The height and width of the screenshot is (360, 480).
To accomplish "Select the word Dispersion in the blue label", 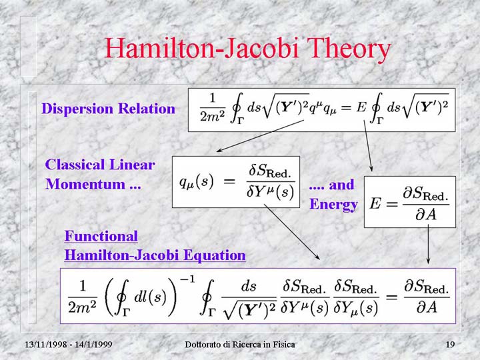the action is click(77, 109).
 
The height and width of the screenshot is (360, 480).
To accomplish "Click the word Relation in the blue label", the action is click(147, 109).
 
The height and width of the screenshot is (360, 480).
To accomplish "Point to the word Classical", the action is click(75, 165).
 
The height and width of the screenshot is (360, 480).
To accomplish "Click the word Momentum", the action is click(85, 184).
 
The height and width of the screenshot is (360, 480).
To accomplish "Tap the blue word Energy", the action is click(333, 205).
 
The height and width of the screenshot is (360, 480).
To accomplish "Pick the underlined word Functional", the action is click(101, 236).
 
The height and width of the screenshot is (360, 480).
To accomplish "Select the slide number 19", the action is click(450, 345).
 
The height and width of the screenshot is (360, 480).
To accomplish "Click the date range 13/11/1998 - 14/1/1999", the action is click(69, 345).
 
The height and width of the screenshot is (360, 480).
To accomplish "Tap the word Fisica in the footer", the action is click(283, 345).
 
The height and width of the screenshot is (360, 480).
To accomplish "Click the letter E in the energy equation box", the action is click(375, 203).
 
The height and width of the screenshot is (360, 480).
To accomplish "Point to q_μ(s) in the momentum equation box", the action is click(196, 182).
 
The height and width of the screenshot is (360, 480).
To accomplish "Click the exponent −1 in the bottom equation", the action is click(187, 279).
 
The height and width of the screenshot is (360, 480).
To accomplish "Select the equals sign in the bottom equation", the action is click(391, 297).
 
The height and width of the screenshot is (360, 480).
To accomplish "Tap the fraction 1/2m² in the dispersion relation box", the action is click(213, 108).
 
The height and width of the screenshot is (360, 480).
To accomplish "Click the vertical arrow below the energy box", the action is click(428, 244).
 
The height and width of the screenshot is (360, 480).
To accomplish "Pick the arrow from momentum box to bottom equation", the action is click(292, 232).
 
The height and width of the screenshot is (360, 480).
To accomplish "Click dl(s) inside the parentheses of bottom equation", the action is click(150, 296).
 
